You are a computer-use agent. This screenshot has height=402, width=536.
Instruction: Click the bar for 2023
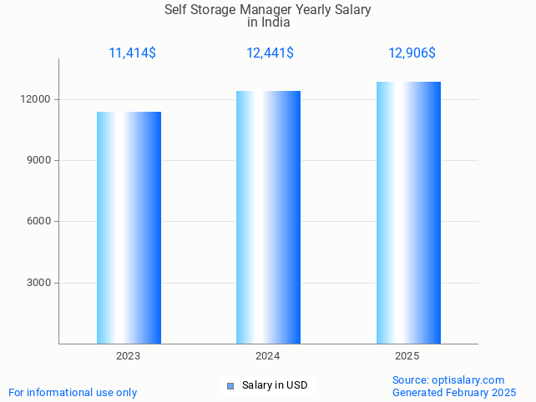pyautogui.click(x=129, y=228)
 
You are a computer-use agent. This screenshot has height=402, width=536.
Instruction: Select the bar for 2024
pyautogui.click(x=268, y=217)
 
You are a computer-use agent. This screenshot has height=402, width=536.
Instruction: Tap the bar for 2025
pyautogui.click(x=408, y=213)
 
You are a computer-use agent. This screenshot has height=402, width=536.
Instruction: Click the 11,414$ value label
pyautogui.click(x=132, y=53)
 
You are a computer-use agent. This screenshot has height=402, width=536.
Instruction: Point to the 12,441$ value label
pyautogui.click(x=270, y=53)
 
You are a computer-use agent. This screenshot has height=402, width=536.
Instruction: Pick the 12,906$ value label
pyautogui.click(x=412, y=53)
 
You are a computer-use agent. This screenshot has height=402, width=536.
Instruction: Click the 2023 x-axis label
pyautogui.click(x=129, y=356)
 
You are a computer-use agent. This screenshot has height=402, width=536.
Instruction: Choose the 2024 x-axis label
pyautogui.click(x=268, y=356)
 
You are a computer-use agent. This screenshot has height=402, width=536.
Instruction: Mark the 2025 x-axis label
pyautogui.click(x=407, y=356)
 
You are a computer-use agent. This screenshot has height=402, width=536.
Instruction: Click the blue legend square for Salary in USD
pyautogui.click(x=230, y=385)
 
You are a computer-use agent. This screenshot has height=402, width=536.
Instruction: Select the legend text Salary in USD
pyautogui.click(x=275, y=385)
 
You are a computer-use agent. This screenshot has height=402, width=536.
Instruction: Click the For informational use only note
pyautogui.click(x=73, y=392)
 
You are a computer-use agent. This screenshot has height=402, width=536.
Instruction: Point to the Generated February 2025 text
pyautogui.click(x=454, y=392)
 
